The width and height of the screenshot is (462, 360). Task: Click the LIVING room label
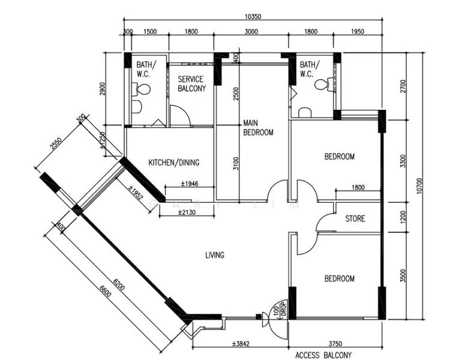point(215,255)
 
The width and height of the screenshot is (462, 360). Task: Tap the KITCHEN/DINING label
point(174,163)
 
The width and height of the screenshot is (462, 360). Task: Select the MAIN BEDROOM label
point(258,127)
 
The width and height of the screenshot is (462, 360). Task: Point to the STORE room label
point(355,218)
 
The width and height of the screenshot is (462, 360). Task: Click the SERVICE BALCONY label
point(192,83)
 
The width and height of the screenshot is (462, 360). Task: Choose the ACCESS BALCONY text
point(323,355)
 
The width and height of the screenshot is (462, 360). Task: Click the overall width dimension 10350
point(253,16)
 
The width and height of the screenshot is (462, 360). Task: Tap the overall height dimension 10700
point(420,186)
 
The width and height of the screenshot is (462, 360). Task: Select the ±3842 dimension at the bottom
point(241,344)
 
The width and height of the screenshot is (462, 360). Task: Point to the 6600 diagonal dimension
point(105,292)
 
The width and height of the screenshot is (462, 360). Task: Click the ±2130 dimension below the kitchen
point(187,212)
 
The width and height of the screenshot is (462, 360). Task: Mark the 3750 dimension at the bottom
point(335,344)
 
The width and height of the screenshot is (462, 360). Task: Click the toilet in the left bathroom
point(141,89)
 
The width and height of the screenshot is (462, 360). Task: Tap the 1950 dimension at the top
point(358,32)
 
